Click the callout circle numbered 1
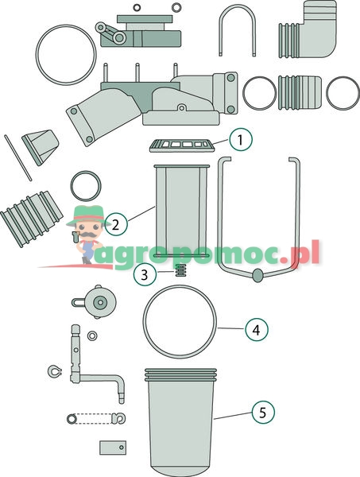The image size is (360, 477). coord(241,140)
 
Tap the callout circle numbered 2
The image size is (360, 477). coord(116,224)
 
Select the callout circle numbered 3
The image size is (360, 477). coord(145,274)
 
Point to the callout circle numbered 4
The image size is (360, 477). coord(257,329)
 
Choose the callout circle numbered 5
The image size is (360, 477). coord(263,412)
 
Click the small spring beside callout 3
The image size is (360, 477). coord(181,270)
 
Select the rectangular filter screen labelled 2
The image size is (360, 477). coord(181,211)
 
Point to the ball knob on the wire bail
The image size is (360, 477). coord(257,275)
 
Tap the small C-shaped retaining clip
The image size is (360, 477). coord(55,370)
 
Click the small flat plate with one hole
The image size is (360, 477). coord(113,448)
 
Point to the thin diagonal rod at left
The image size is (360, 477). coord(18,158)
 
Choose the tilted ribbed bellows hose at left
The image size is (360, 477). coord(31,218)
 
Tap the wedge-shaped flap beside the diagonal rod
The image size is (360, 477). coord(41,147)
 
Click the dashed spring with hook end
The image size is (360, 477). coord(96,418)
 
